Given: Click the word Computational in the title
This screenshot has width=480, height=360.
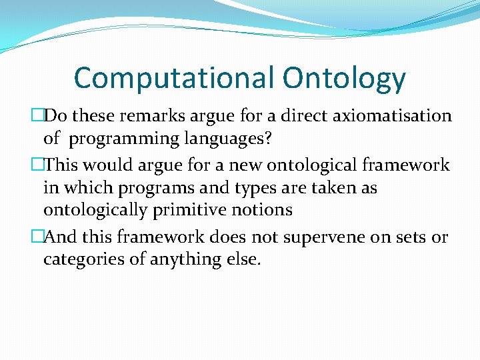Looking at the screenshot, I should (x=174, y=78).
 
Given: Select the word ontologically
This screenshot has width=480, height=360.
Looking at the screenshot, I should (x=97, y=211).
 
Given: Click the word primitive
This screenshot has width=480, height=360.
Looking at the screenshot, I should (x=199, y=211).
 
